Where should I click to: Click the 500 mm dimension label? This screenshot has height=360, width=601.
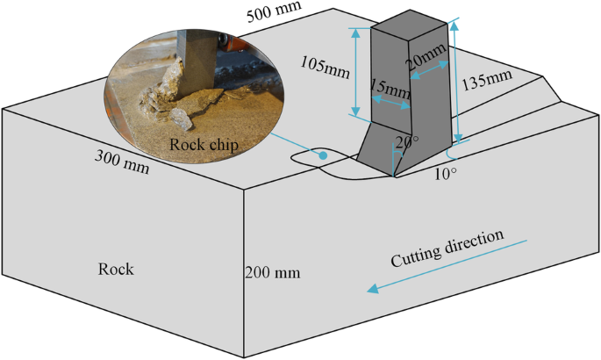click(275, 8)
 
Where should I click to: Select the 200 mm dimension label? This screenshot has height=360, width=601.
click(275, 272)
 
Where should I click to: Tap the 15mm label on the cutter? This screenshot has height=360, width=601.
click(390, 89)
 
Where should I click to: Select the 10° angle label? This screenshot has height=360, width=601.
click(446, 173)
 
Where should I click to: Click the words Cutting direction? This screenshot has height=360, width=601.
click(447, 248)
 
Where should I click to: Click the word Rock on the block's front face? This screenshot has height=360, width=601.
click(116, 269)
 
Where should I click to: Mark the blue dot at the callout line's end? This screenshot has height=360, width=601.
click(324, 155)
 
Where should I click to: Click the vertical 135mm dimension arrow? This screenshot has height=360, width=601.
click(455, 83)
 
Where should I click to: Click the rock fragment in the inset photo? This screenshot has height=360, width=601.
click(181, 120)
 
